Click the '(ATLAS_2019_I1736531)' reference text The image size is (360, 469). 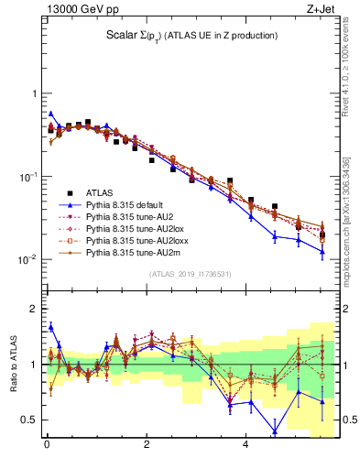pyautogui.click(x=190, y=274)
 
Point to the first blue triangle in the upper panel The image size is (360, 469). pyautogui.click(x=50, y=114)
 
